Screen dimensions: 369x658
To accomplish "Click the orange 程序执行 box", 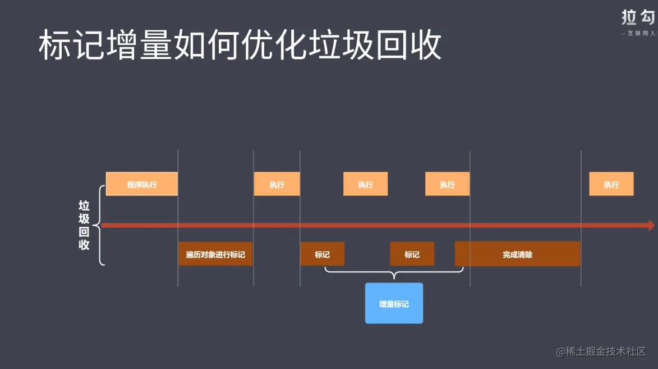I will coord(141,184).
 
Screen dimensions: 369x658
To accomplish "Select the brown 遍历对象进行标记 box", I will coord(215,254).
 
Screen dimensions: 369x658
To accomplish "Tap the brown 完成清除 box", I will coord(517,254).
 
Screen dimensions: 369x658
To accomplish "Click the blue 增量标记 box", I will coord(394,303).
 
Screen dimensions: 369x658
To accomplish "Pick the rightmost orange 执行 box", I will coord(611,184).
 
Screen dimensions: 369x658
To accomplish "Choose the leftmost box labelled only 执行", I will coord(277,184).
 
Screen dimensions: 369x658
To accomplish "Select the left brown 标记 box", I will coord(322,254).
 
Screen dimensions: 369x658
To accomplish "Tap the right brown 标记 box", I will coord(412,254).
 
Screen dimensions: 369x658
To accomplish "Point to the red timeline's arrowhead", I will coord(651,225).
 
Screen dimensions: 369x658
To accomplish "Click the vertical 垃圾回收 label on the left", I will coord(84,225).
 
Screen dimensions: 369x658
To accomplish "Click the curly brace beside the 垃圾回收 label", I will coord(100,225).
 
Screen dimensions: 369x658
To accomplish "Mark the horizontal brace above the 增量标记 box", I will coord(394,273).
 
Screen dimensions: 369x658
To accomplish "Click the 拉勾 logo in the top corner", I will coord(638,17).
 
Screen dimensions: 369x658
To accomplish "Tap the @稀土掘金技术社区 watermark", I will coord(601,352).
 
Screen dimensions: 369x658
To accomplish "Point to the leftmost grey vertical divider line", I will coord(178,219).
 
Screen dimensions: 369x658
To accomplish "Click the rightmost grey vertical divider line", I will coord(581,219).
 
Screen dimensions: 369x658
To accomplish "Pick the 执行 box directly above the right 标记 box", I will coord(447,184).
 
